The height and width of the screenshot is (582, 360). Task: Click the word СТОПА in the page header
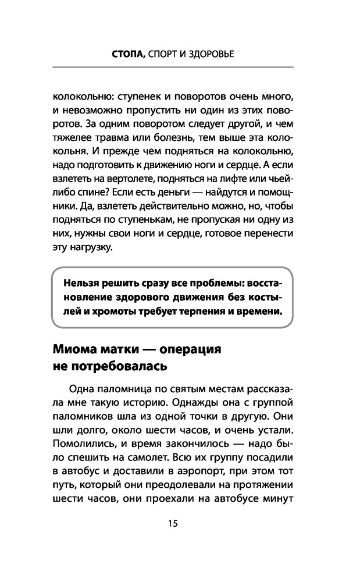pos(128,54)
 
